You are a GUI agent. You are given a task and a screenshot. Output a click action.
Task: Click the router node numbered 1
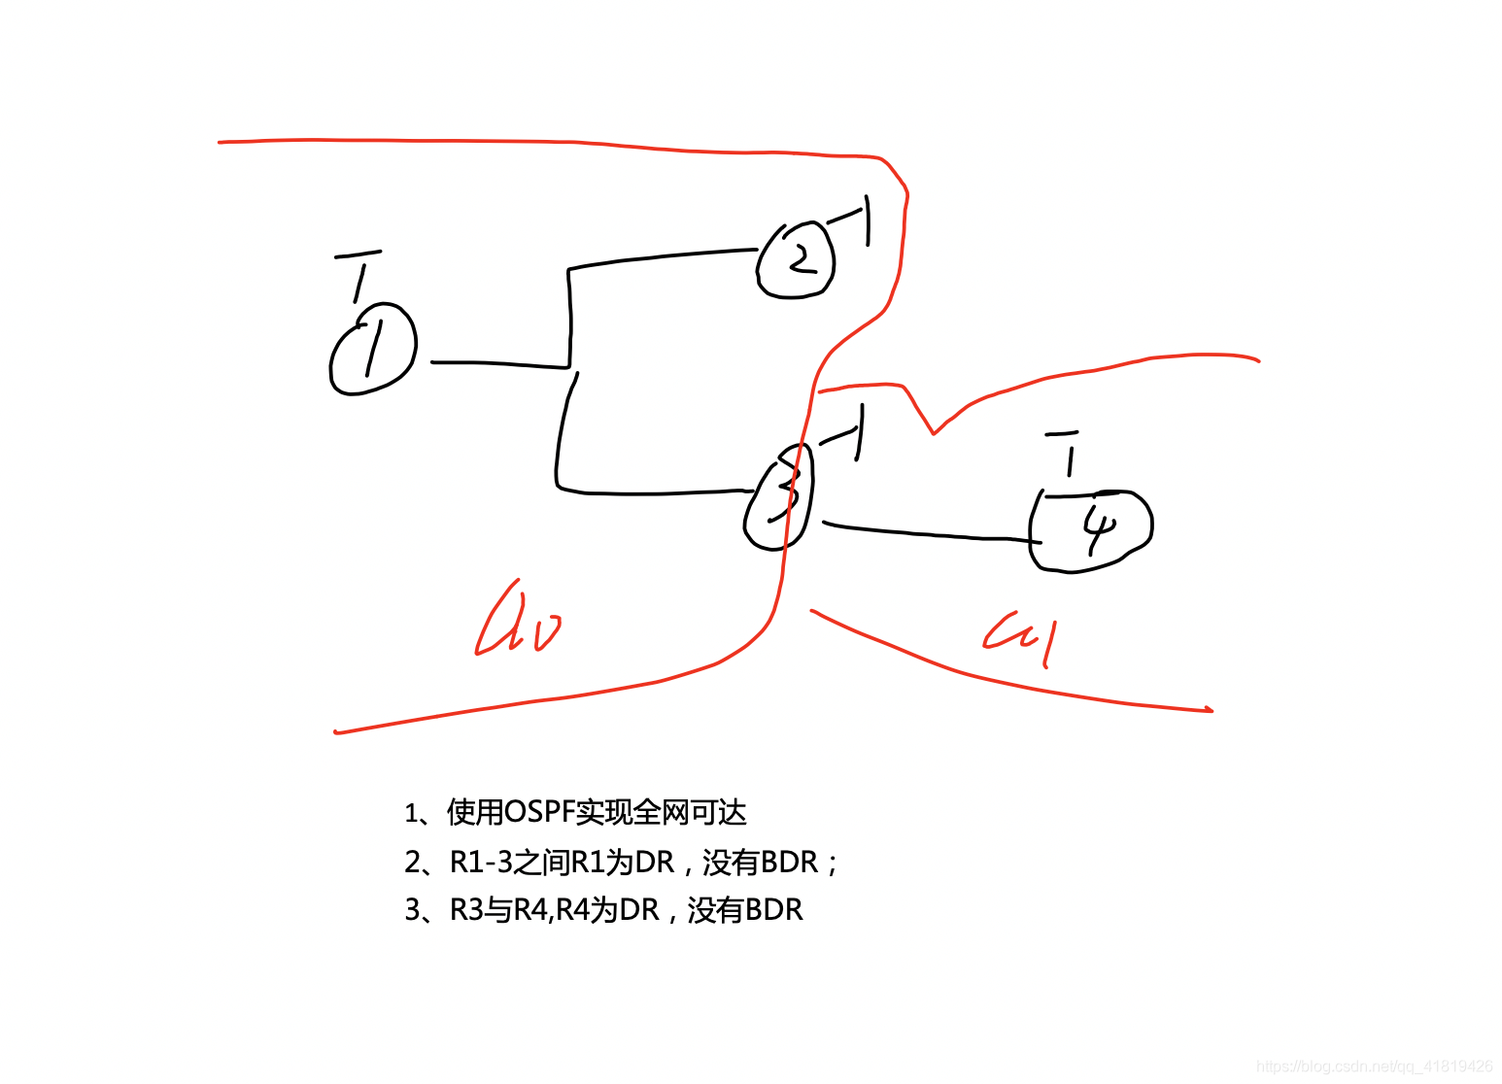click(373, 349)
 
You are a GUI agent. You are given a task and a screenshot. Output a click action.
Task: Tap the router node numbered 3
click(780, 496)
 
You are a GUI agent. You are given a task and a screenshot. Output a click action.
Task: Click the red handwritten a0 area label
click(518, 623)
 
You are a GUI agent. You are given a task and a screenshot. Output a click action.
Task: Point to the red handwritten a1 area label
click(1020, 637)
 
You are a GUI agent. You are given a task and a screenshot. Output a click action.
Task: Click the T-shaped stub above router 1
click(358, 277)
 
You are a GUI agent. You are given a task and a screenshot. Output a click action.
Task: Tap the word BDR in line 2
click(789, 862)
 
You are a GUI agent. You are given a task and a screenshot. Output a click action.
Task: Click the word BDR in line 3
click(773, 910)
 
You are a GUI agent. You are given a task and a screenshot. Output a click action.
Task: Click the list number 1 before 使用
click(411, 813)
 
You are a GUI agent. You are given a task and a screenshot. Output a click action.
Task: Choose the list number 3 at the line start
click(412, 910)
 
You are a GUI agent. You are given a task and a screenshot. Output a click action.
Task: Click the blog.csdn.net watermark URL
click(1374, 1067)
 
